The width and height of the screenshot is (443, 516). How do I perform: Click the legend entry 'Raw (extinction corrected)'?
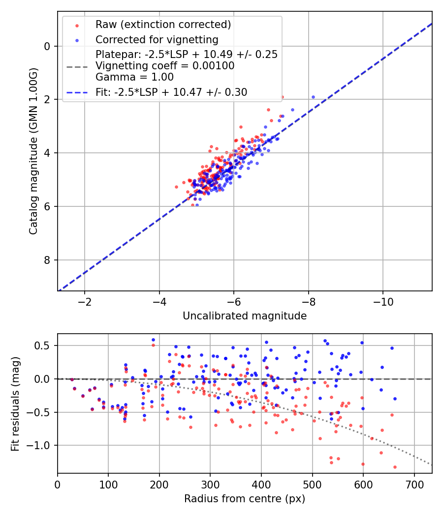[163, 25]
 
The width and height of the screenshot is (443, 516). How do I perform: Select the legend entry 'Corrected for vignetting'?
[157, 39]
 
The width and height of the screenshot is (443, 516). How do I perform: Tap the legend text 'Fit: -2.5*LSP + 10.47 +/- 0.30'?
[171, 92]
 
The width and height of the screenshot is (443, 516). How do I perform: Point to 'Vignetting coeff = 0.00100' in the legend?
[165, 65]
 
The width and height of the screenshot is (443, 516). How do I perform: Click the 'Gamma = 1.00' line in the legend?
[134, 77]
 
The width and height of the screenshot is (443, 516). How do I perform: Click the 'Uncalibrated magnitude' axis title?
[245, 316]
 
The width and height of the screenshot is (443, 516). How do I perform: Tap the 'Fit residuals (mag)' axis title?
[15, 403]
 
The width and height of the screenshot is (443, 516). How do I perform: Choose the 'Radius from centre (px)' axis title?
[245, 499]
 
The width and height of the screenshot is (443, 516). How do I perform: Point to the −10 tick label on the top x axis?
[383, 300]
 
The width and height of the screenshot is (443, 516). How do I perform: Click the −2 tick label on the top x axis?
[84, 300]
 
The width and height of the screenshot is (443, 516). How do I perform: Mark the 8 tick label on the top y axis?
[47, 260]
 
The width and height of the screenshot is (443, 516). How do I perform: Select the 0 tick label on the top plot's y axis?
[47, 46]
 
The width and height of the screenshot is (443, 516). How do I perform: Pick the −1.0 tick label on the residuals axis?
[41, 445]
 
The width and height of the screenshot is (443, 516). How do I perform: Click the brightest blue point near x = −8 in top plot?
[313, 97]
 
